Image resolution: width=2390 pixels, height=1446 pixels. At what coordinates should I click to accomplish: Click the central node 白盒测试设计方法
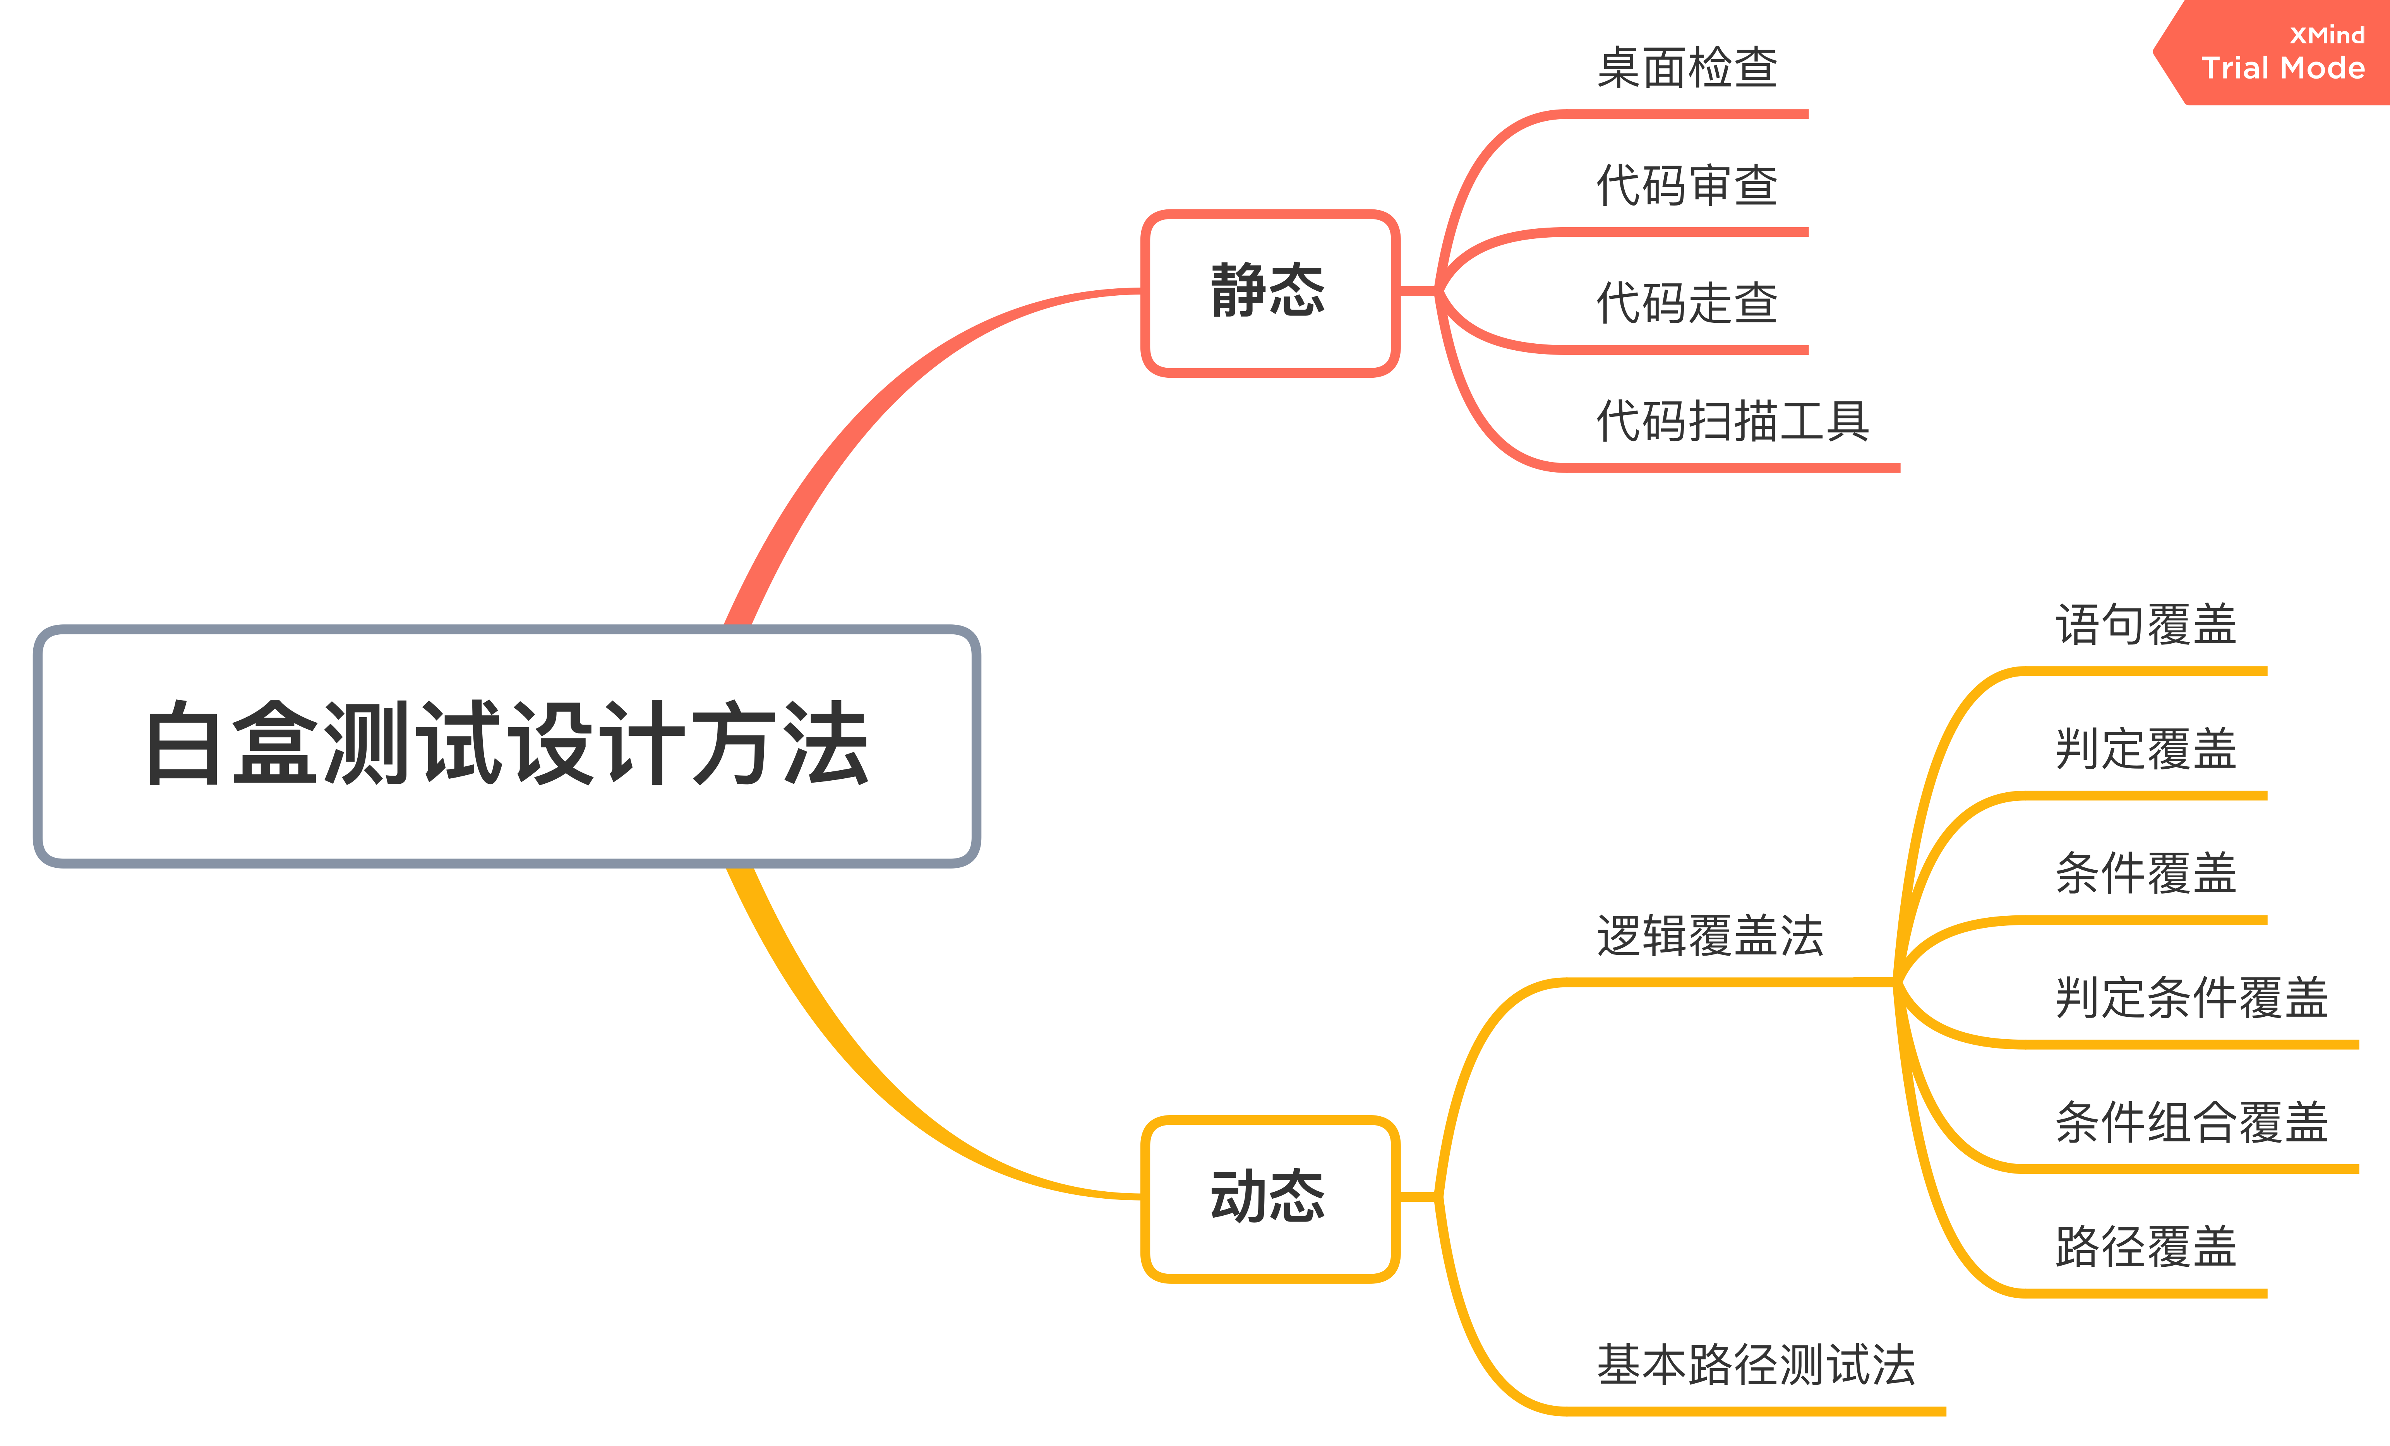click(506, 745)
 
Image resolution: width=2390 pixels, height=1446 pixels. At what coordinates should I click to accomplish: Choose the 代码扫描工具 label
click(1732, 421)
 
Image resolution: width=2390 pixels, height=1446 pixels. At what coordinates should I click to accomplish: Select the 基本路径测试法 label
click(1756, 1365)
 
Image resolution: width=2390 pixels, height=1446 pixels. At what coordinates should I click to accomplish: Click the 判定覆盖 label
click(2146, 749)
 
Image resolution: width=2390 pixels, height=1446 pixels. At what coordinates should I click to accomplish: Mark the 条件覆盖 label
click(2146, 873)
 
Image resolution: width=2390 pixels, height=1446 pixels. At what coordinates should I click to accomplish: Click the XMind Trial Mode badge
click(2279, 53)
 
